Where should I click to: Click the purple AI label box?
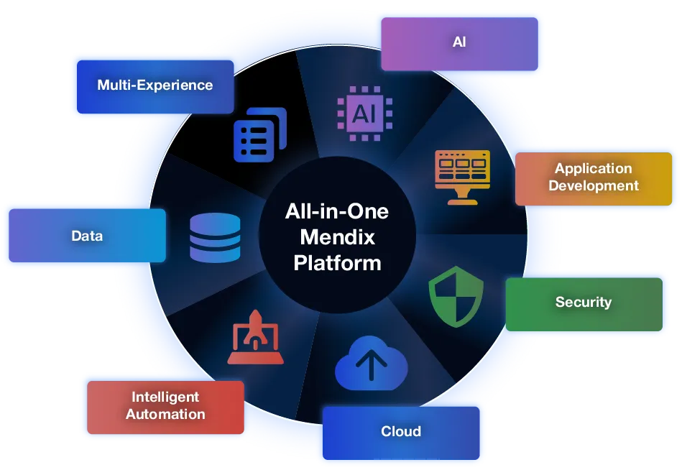click(459, 43)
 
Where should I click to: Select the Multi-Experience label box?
click(155, 86)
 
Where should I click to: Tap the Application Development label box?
click(593, 178)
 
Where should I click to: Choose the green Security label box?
click(584, 303)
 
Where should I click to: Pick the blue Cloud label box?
click(400, 432)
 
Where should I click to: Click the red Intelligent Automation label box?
click(165, 406)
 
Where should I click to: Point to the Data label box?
click(87, 236)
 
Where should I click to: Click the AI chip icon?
click(365, 112)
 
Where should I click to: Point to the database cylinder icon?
click(216, 238)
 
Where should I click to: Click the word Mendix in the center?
click(338, 237)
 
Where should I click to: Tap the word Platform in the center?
click(338, 262)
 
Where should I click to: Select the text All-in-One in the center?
click(338, 212)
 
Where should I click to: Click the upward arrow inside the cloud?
click(371, 366)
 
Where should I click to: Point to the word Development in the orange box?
click(593, 185)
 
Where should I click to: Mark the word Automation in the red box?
click(165, 414)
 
